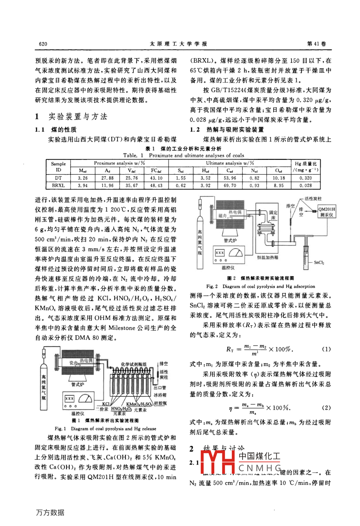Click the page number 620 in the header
[44, 44]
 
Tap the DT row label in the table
[58, 178]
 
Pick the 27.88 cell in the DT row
[108, 178]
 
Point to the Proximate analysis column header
[119, 163]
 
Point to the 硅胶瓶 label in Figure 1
[160, 404]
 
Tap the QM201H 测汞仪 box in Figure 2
[327, 212]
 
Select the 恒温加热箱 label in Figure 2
[267, 258]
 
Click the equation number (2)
[327, 408]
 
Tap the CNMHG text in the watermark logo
[260, 467]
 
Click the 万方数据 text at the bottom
[50, 512]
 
